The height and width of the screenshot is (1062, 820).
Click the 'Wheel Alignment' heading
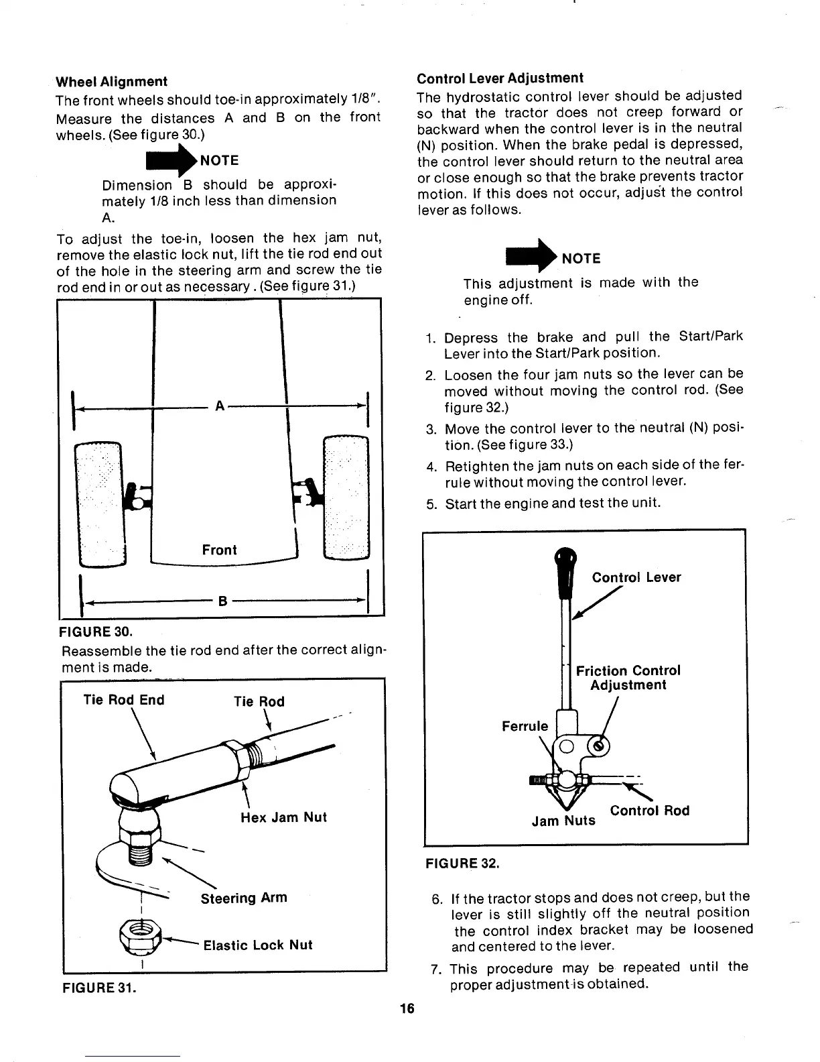coord(111,82)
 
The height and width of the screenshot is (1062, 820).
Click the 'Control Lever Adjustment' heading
coord(500,78)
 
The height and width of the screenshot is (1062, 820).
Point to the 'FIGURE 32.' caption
coord(463,864)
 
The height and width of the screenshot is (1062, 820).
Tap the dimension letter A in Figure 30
coord(219,406)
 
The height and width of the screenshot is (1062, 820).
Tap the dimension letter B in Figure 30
coord(221,601)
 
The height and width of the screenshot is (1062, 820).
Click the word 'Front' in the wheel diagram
coord(219,550)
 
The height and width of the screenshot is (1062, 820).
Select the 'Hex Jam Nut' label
coord(283,817)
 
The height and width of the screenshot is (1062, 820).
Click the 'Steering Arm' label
coord(244,898)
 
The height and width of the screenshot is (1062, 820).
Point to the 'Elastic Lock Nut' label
coord(258,945)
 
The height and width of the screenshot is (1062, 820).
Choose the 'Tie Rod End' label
coord(123,700)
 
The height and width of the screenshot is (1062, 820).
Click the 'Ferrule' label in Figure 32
coord(525,726)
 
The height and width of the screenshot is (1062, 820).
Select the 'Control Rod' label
coord(649,811)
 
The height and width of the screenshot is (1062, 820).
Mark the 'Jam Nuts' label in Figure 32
coord(563,820)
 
